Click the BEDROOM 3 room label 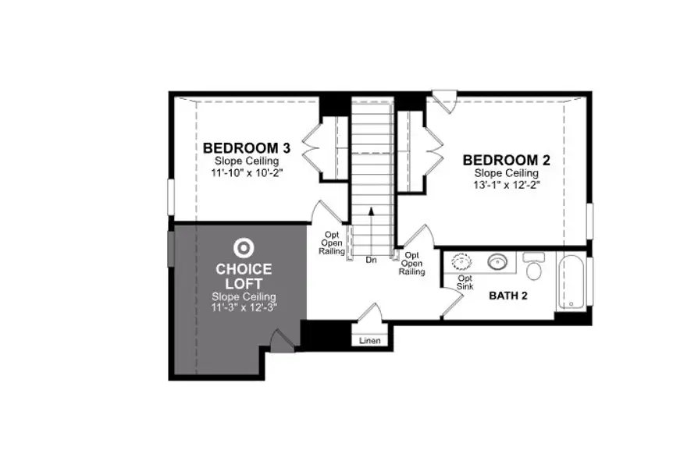(x=241, y=147)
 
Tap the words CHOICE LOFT (x=244, y=277)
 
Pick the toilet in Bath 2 (x=535, y=267)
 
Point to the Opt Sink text (x=465, y=282)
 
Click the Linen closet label (x=370, y=341)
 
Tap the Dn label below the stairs (x=371, y=260)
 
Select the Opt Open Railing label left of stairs (x=333, y=242)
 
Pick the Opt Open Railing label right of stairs (x=411, y=264)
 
